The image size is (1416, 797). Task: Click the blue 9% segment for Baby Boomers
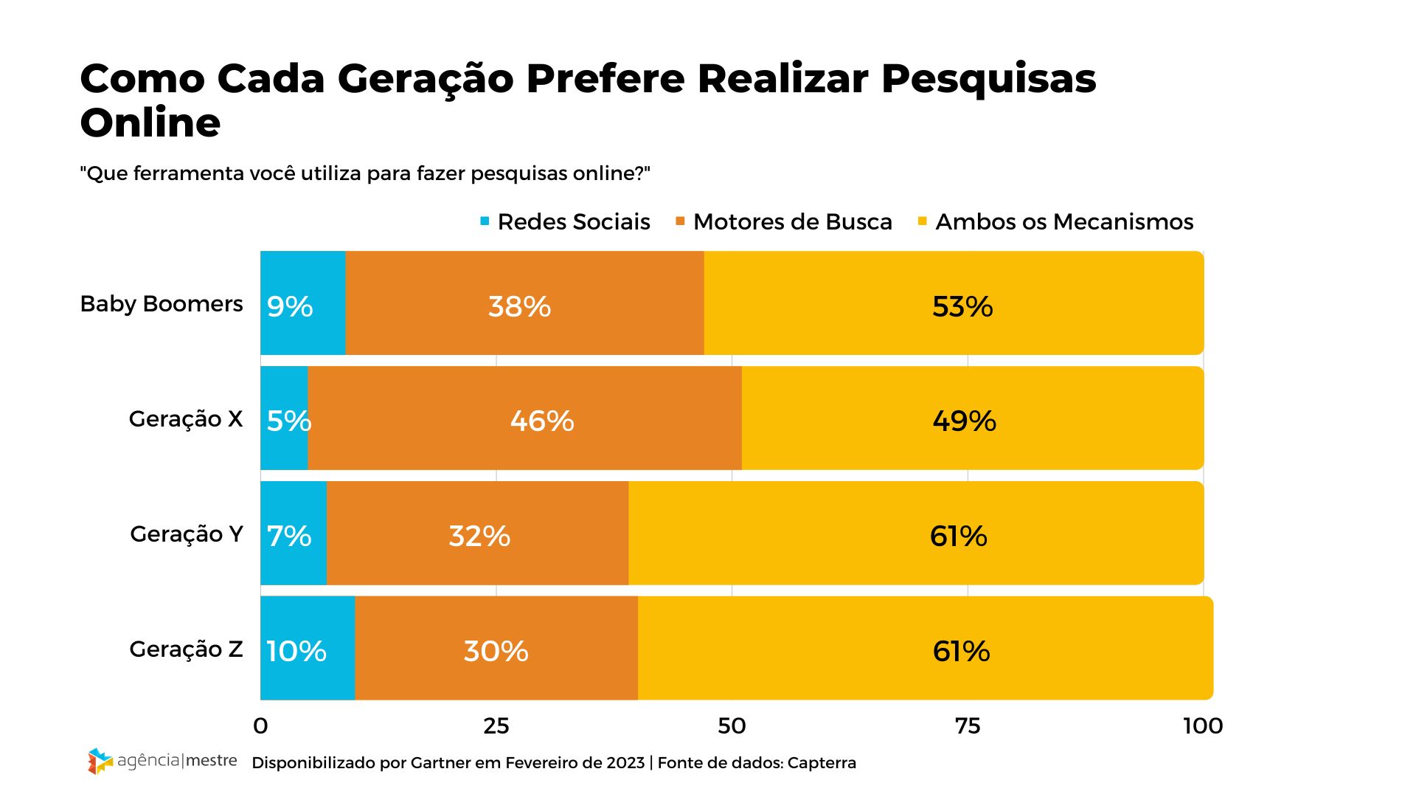[303, 303]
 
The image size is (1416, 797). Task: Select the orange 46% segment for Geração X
[524, 418]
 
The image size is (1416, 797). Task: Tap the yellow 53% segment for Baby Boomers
[954, 303]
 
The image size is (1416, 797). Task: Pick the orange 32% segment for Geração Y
[477, 534]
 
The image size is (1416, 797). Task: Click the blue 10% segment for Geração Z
[308, 649]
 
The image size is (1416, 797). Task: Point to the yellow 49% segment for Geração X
[972, 418]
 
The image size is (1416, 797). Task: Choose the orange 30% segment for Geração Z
[496, 649]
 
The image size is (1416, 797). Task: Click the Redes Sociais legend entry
[566, 221]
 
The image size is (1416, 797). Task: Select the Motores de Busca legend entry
[784, 221]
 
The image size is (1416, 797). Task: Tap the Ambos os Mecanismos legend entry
[1055, 221]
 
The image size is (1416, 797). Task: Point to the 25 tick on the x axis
[496, 726]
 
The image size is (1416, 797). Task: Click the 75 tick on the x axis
[968, 726]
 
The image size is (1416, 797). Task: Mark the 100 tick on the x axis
[1203, 726]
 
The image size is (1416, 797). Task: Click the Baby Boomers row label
[162, 303]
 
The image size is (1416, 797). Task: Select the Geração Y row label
[187, 534]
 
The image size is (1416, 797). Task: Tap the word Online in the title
[150, 123]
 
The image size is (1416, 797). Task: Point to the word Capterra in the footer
[822, 763]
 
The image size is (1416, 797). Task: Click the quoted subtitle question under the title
[365, 173]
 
